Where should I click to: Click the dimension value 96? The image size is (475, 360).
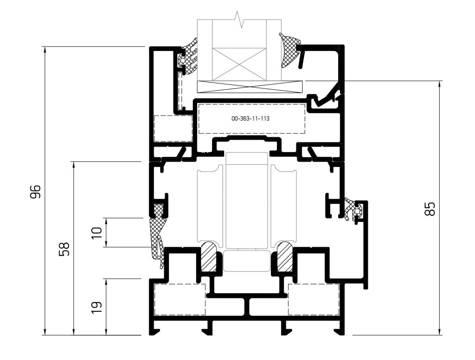35,192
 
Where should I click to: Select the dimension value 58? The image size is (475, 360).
64,249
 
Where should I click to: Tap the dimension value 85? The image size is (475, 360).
430,209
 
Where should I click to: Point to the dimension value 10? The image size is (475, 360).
96,232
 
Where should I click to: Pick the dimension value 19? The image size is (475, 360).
96,307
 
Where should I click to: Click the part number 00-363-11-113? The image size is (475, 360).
250,118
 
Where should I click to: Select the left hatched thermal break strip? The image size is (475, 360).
209,257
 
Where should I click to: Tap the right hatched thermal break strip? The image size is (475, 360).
285,257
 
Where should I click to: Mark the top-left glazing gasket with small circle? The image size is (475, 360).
188,58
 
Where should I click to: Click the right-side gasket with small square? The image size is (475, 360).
354,209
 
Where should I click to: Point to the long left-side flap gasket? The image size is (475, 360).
158,236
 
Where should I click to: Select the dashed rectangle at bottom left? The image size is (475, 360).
180,299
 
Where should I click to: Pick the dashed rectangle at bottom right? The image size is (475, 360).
314,299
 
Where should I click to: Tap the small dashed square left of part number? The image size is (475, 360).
173,128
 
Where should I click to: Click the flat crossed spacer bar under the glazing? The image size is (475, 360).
250,87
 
